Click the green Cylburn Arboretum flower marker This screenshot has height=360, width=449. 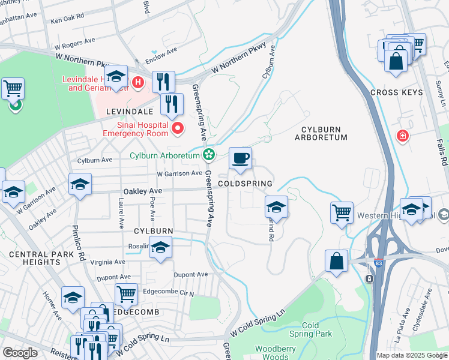(208, 155)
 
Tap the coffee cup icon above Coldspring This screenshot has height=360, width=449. (240, 158)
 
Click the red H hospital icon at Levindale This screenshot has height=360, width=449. (137, 82)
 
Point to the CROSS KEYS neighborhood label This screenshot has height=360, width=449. (396, 92)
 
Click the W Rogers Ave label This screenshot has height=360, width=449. (75, 42)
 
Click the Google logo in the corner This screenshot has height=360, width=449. (20, 353)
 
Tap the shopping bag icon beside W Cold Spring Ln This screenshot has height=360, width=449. (336, 261)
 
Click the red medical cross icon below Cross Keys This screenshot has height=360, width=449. (402, 137)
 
